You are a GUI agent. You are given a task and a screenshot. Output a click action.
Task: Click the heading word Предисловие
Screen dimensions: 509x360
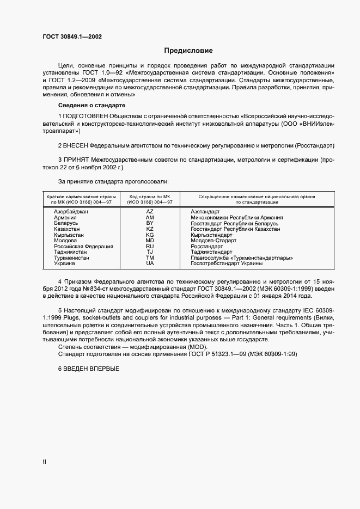pos(188,51)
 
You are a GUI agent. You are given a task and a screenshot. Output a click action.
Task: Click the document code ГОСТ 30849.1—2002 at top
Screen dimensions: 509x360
pos(72,37)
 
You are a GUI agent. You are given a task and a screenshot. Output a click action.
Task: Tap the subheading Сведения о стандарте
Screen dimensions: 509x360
pos(91,105)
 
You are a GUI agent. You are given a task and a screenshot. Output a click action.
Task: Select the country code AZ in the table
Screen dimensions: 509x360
pos(150,211)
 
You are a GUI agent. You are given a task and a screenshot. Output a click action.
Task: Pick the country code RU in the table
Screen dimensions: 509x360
pos(150,246)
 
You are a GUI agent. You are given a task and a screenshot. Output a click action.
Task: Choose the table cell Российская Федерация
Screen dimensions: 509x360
pos(83,246)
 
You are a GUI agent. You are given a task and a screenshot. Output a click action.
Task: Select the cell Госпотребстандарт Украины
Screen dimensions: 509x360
pos(227,263)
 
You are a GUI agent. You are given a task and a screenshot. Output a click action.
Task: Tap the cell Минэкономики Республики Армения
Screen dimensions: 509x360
pos(234,217)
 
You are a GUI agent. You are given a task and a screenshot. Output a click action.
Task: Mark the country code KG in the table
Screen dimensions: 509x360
pos(150,235)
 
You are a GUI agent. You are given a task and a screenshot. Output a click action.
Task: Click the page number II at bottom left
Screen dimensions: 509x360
pos(45,462)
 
